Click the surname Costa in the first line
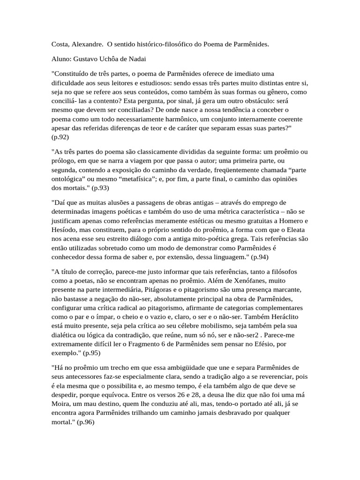click(60, 45)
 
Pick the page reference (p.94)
click(260, 257)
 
